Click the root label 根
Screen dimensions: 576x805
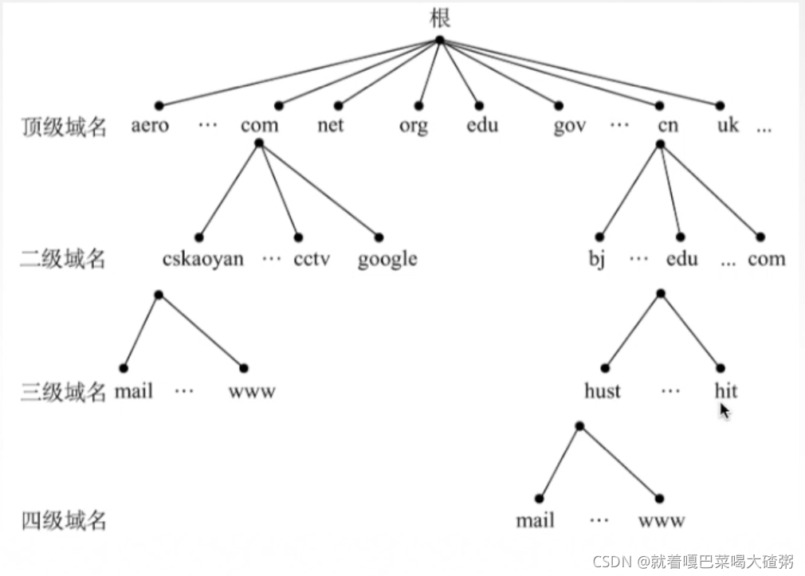pos(439,18)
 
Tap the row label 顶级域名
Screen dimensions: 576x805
pos(64,127)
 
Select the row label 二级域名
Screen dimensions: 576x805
pos(63,259)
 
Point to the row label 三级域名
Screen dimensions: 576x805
pos(63,391)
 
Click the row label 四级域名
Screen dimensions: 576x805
pos(63,522)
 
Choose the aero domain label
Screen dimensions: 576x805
pos(150,126)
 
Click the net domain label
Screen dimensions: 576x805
pos(331,126)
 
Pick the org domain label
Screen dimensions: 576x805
pos(414,127)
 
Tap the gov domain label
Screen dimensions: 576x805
pos(569,127)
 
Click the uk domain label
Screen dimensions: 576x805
pos(728,126)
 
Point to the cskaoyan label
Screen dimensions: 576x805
pos(202,259)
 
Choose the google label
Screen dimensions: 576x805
pos(387,260)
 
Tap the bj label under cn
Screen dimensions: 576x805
pos(597,260)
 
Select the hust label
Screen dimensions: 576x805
pos(602,391)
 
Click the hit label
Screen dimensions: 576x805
pos(725,391)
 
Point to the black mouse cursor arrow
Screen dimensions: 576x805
pos(724,410)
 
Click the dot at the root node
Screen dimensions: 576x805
pos(439,40)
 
